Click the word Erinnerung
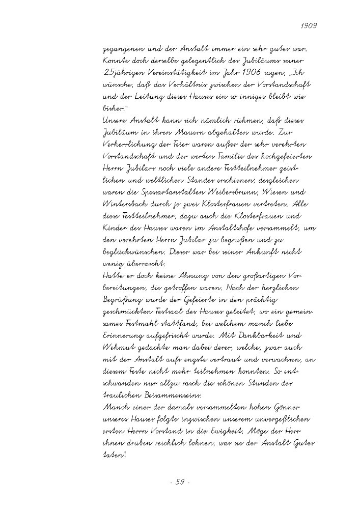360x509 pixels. (124, 336)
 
